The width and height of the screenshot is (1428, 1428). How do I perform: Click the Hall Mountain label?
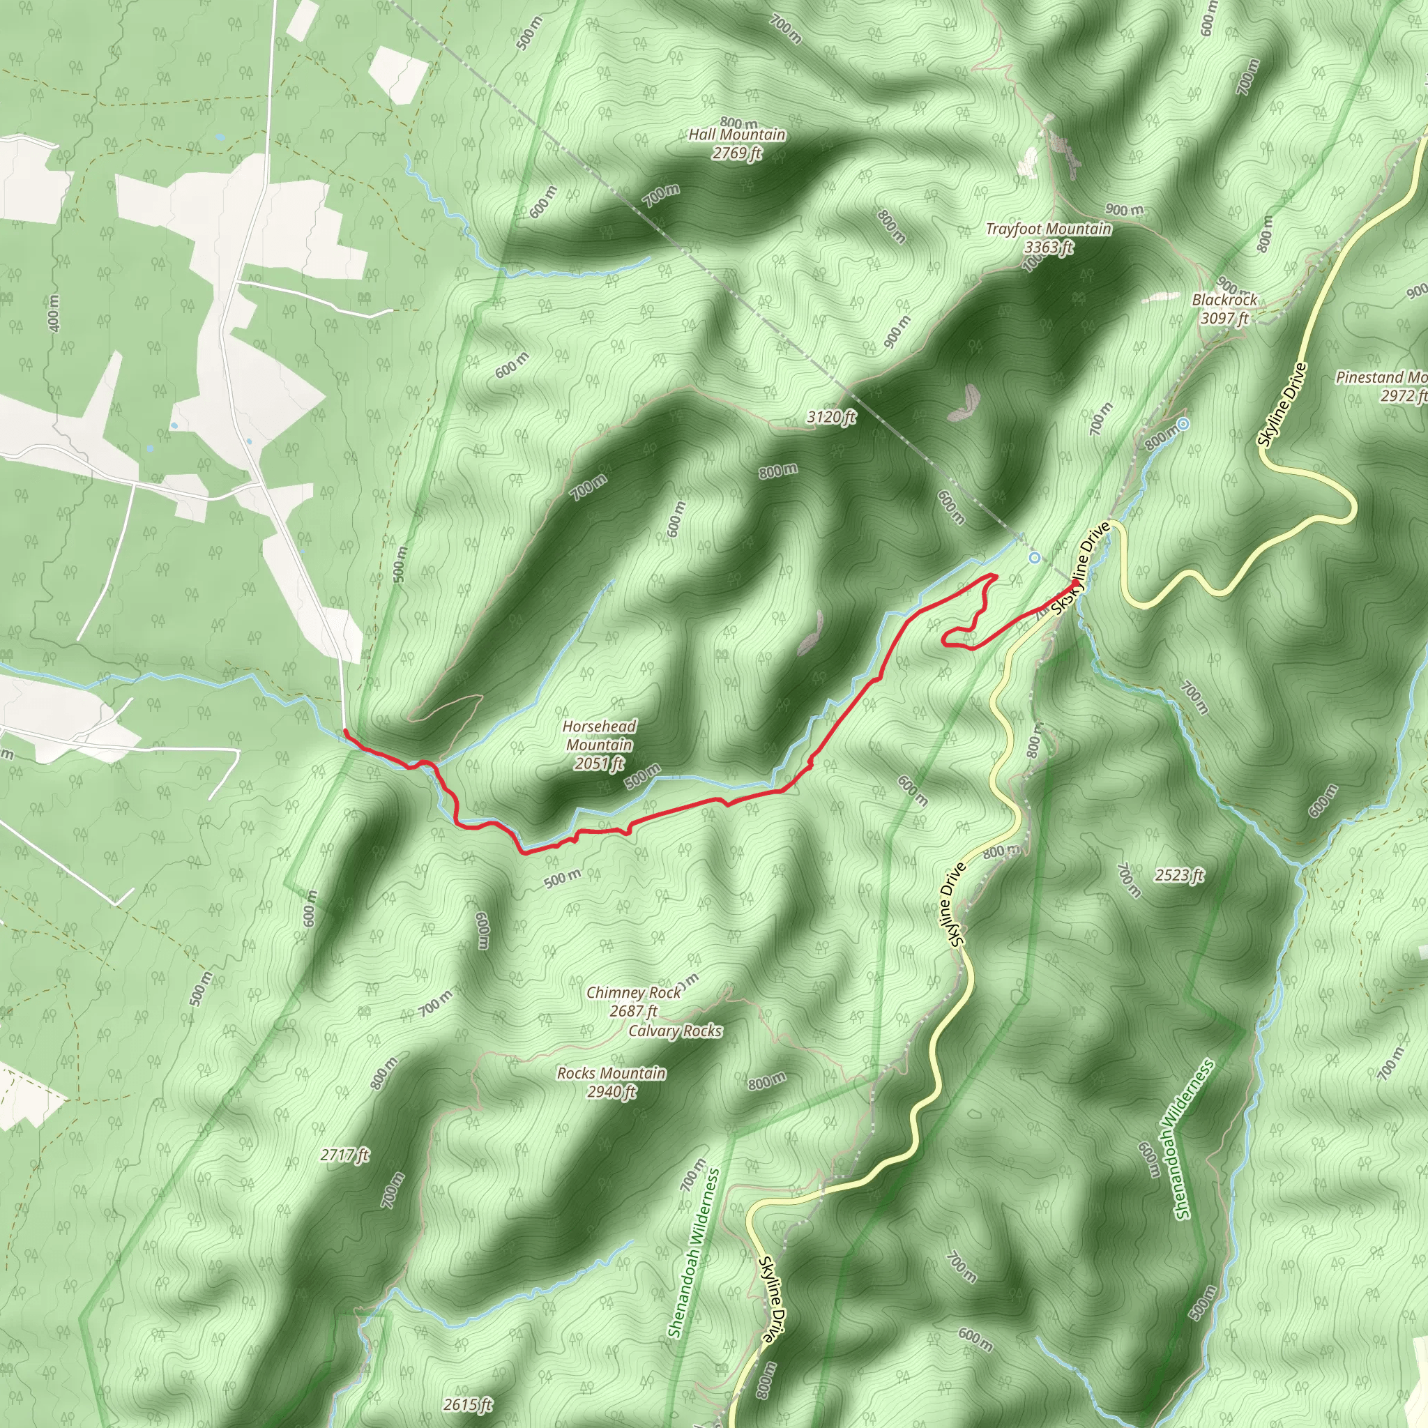pos(737,135)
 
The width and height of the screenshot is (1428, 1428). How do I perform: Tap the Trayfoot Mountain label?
pos(1048,229)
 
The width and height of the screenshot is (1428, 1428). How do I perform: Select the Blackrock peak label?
pos(1224,300)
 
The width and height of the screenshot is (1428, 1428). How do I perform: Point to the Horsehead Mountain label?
pos(599,736)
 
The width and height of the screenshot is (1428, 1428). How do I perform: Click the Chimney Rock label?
pos(633,993)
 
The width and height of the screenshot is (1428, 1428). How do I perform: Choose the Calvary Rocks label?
pos(675,1031)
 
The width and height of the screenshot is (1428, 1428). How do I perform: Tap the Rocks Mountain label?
pos(612,1073)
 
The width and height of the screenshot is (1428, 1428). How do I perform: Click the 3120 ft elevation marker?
pos(830,418)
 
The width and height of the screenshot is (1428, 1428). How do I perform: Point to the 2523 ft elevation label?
pos(1179,876)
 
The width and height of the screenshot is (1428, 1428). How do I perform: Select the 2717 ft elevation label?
pos(345,1155)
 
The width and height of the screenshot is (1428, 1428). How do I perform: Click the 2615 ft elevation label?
pos(468,1404)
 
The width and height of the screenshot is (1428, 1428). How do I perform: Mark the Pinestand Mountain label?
pos(1381,378)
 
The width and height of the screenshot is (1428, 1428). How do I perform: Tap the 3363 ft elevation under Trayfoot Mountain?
pos(1048,247)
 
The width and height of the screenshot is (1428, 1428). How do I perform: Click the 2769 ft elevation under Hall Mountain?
pos(737,153)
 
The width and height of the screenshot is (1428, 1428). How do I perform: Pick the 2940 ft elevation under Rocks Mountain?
pos(612,1092)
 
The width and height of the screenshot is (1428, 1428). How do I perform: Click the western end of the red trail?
pos(345,731)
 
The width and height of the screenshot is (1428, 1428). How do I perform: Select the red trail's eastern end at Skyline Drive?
pos(1074,583)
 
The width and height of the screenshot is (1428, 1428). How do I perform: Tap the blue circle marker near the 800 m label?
pos(1183,424)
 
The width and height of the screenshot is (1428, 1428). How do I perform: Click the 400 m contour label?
pos(53,312)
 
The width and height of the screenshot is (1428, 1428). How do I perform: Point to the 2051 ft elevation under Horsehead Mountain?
pos(599,764)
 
